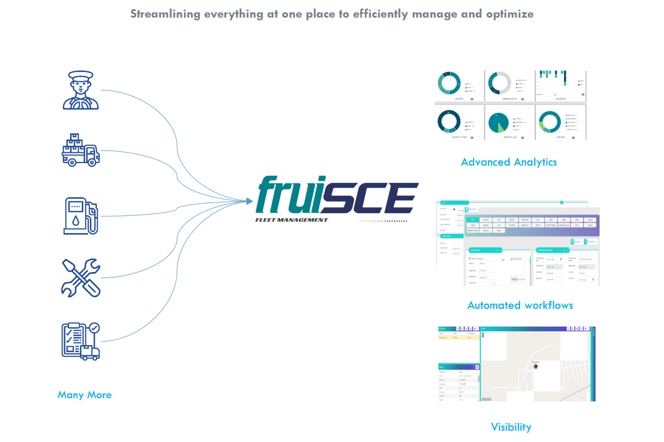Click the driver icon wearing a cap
tap(81, 90)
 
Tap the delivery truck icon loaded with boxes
tap(81, 150)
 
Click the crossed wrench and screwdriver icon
tap(80, 278)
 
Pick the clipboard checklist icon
tap(80, 340)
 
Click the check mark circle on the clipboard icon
tap(94, 327)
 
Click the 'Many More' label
tap(84, 395)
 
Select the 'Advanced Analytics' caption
tap(509, 161)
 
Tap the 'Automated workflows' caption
tap(520, 305)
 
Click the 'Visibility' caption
tap(511, 427)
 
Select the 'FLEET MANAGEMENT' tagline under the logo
tap(291, 220)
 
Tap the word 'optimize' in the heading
tap(509, 14)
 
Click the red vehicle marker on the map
tap(536, 366)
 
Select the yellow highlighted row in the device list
tap(458, 338)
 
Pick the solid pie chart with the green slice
tap(499, 122)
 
